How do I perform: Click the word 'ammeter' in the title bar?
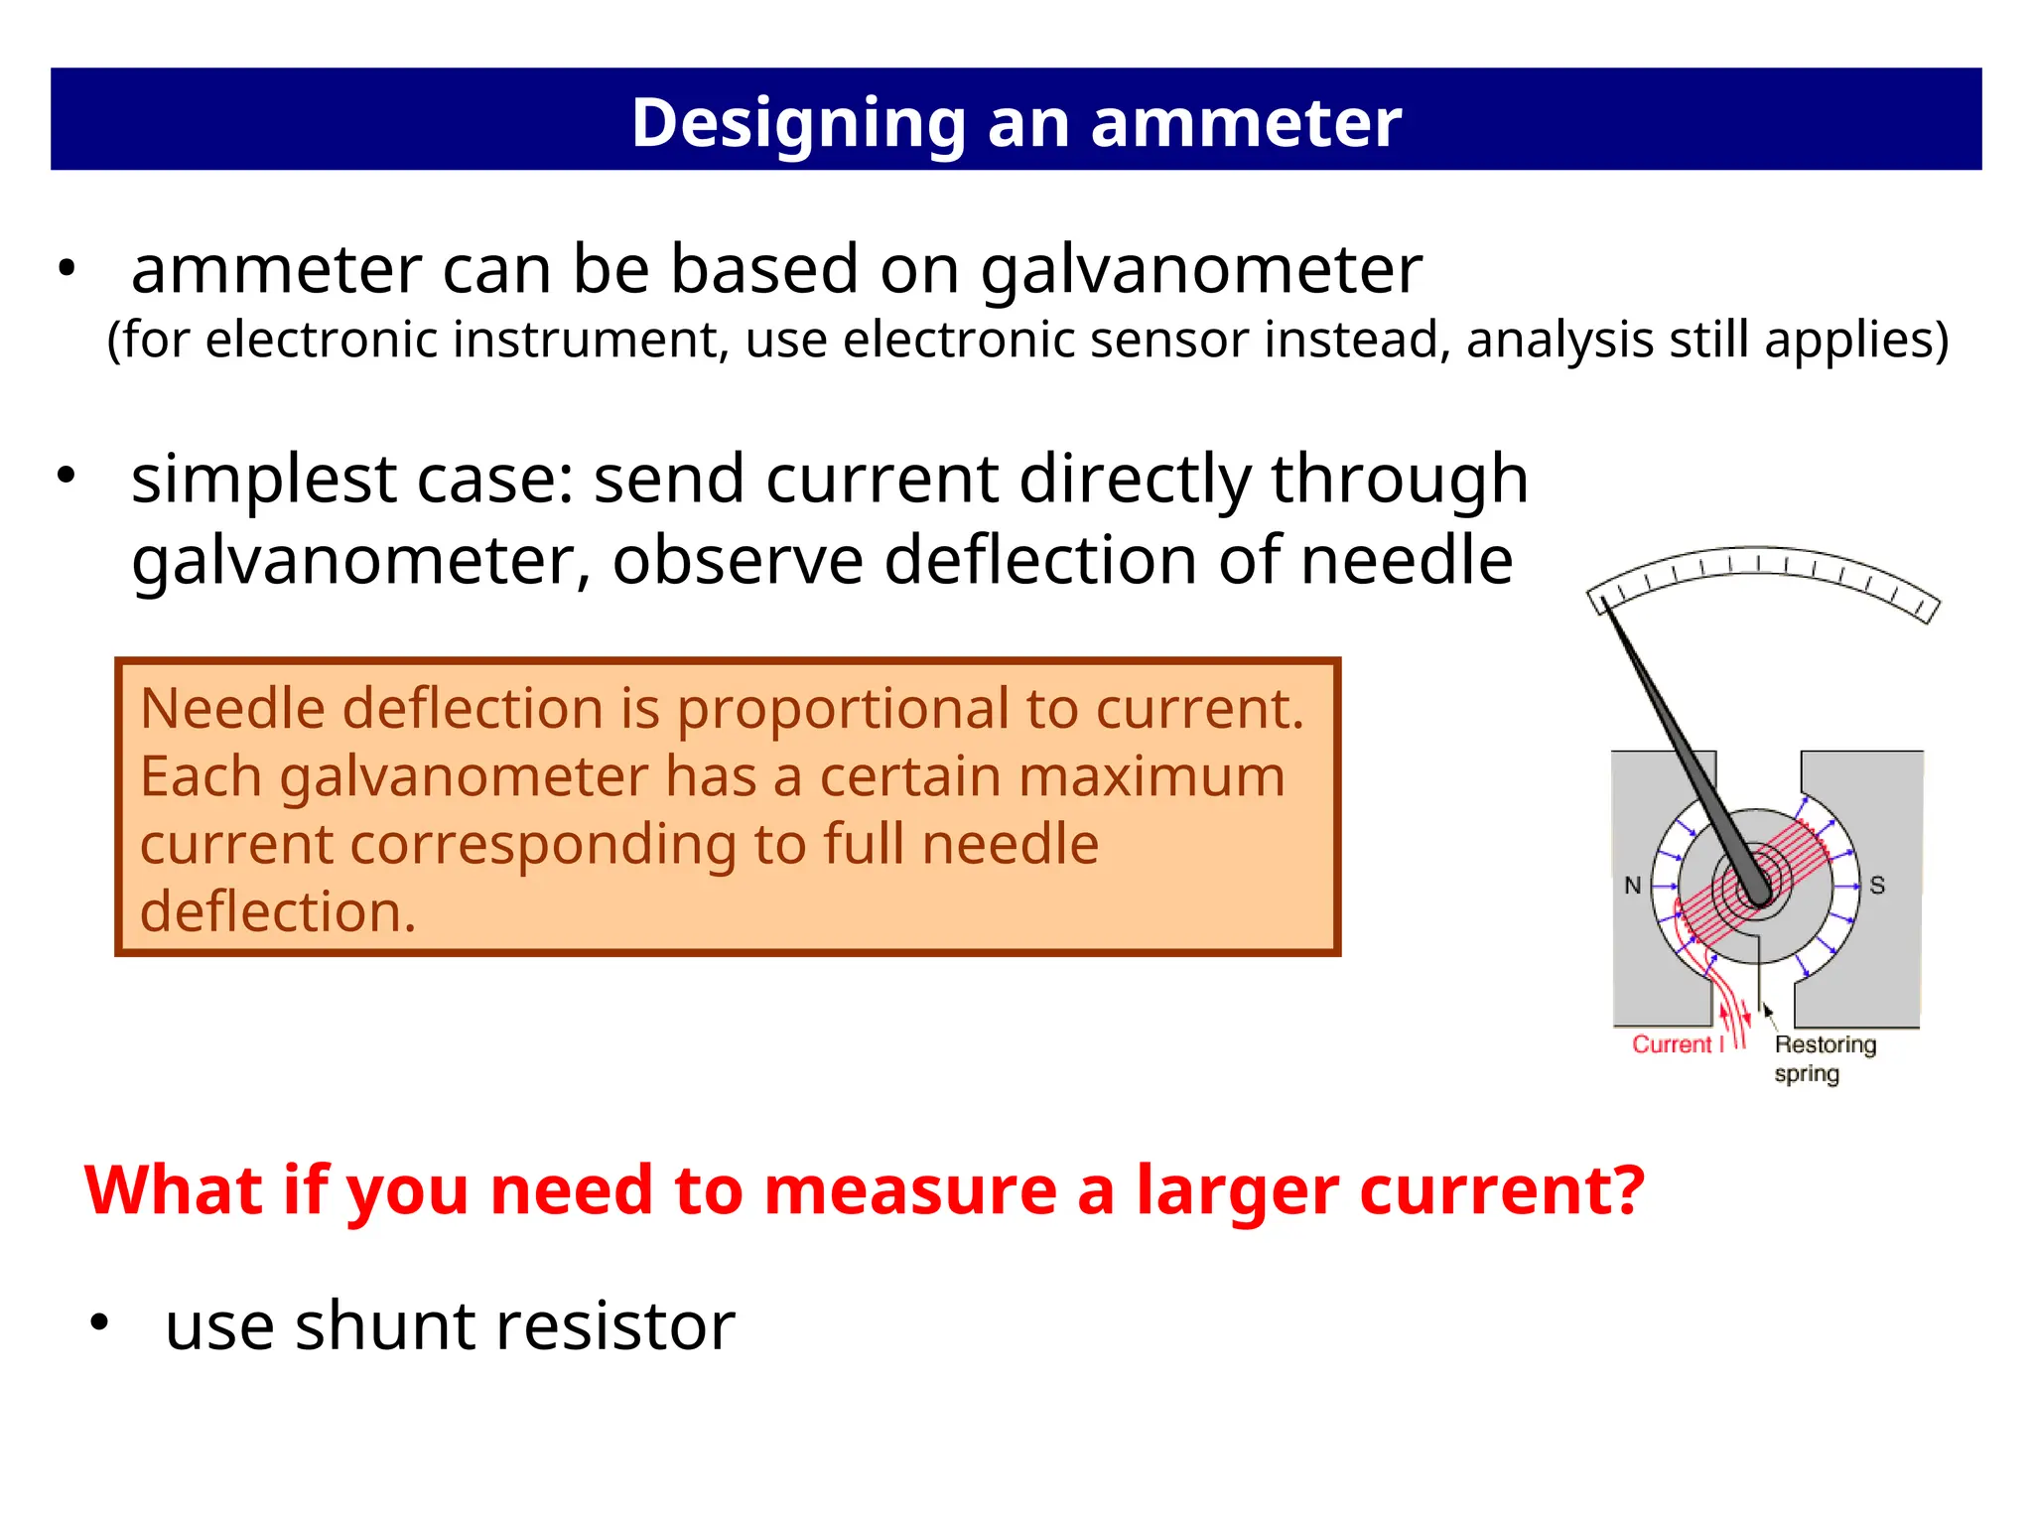coord(1246,123)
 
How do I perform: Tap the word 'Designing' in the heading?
coord(798,123)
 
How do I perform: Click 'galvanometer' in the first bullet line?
coord(1201,270)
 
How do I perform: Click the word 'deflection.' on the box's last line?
coord(278,911)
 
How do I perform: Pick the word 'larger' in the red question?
coord(1237,1189)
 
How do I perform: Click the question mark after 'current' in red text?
coord(1627,1189)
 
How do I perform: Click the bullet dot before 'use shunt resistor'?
coord(98,1322)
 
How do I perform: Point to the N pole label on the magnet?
coord(1632,885)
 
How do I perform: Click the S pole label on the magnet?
coord(1877,885)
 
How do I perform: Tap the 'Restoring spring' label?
coord(1824,1058)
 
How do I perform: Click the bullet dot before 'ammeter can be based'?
coord(66,269)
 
